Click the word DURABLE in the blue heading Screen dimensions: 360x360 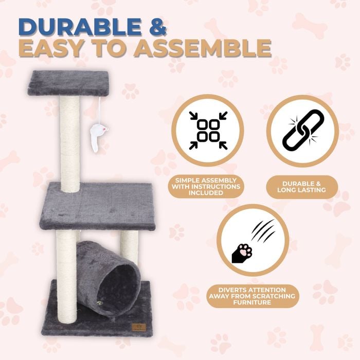[80, 27]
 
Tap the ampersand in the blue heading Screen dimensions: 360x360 [156, 27]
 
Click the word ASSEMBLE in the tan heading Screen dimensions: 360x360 [203, 48]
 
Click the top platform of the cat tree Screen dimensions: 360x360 [68, 83]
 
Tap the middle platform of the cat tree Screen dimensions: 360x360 [97, 206]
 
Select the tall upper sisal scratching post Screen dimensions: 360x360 [70, 143]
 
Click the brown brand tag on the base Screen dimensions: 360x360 [139, 327]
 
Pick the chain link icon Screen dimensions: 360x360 [303, 130]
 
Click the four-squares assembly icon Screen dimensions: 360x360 [208, 131]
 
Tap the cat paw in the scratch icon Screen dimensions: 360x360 [242, 253]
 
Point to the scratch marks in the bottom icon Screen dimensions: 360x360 [263, 230]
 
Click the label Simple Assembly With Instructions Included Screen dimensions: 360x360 [206, 186]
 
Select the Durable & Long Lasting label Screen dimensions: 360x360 [302, 187]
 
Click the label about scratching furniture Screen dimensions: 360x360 [252, 296]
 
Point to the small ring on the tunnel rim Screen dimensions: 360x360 [99, 303]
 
